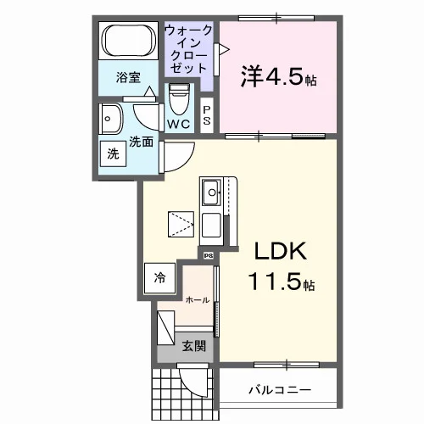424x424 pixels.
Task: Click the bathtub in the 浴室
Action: [x=129, y=41]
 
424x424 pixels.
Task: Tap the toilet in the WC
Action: [x=179, y=99]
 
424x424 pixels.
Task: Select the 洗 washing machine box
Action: [x=113, y=153]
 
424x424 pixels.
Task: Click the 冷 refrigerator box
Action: [x=159, y=278]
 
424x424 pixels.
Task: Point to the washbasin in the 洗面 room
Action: [x=111, y=119]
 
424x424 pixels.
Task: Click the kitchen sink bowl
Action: [x=211, y=192]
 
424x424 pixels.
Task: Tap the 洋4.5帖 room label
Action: [x=278, y=77]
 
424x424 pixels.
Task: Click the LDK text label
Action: [x=281, y=251]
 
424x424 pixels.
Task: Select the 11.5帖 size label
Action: [x=282, y=282]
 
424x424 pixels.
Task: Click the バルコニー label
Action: [x=280, y=390]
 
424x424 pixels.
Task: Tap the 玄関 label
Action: [x=193, y=346]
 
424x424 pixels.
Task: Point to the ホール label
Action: [x=198, y=300]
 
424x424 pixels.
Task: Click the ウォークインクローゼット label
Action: [x=188, y=49]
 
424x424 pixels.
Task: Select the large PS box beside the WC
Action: [x=207, y=115]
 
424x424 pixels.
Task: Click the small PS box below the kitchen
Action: [x=209, y=256]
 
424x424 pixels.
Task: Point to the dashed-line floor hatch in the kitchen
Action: [x=181, y=225]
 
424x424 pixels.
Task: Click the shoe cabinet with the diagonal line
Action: [x=166, y=328]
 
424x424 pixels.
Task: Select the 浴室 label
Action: [x=128, y=77]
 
